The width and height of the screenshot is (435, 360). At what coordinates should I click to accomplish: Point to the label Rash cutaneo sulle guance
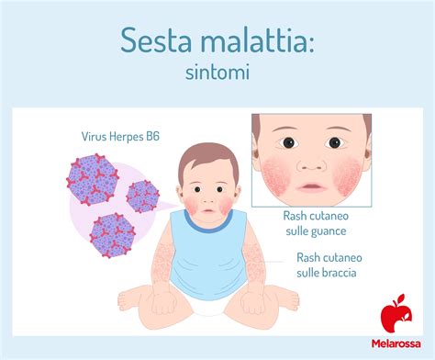point(313,225)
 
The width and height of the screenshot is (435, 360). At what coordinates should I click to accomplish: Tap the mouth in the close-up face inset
point(311,186)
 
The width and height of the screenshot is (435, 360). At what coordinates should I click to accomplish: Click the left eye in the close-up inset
point(286,142)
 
